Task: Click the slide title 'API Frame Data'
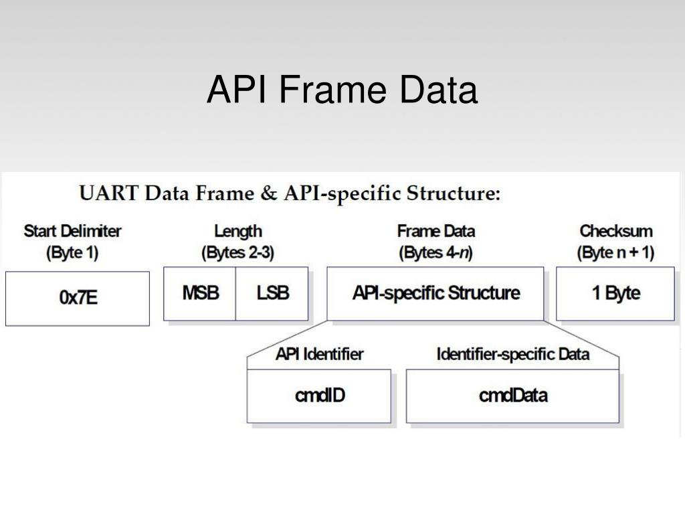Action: click(342, 90)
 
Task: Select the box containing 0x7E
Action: click(78, 298)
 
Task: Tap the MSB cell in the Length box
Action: click(200, 293)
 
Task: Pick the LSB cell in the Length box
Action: click(272, 293)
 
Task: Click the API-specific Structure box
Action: click(435, 293)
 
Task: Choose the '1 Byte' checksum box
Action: click(615, 293)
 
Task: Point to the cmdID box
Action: click(319, 396)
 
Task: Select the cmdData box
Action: click(512, 396)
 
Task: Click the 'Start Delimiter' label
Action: click(73, 232)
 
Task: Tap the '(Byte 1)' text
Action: click(73, 254)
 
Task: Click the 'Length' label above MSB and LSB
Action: click(237, 232)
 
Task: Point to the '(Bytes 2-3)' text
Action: click(237, 254)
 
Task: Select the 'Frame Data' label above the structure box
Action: click(435, 232)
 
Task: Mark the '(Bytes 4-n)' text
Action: click(435, 254)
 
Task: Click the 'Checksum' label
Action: click(615, 232)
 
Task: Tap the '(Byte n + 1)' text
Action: click(615, 254)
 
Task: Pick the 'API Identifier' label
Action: click(319, 353)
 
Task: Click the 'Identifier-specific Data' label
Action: click(512, 353)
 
